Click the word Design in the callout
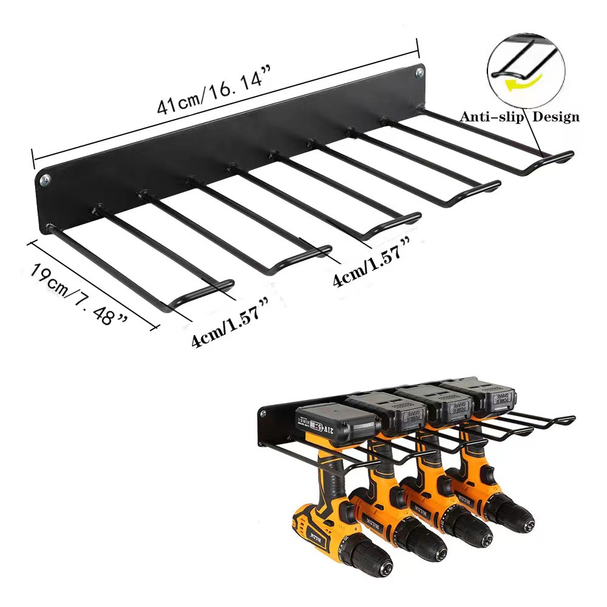pos(555,117)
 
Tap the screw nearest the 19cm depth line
pos(45,180)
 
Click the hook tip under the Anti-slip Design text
pos(565,156)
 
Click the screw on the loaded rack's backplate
pos(263,414)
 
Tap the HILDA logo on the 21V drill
pos(316,537)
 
